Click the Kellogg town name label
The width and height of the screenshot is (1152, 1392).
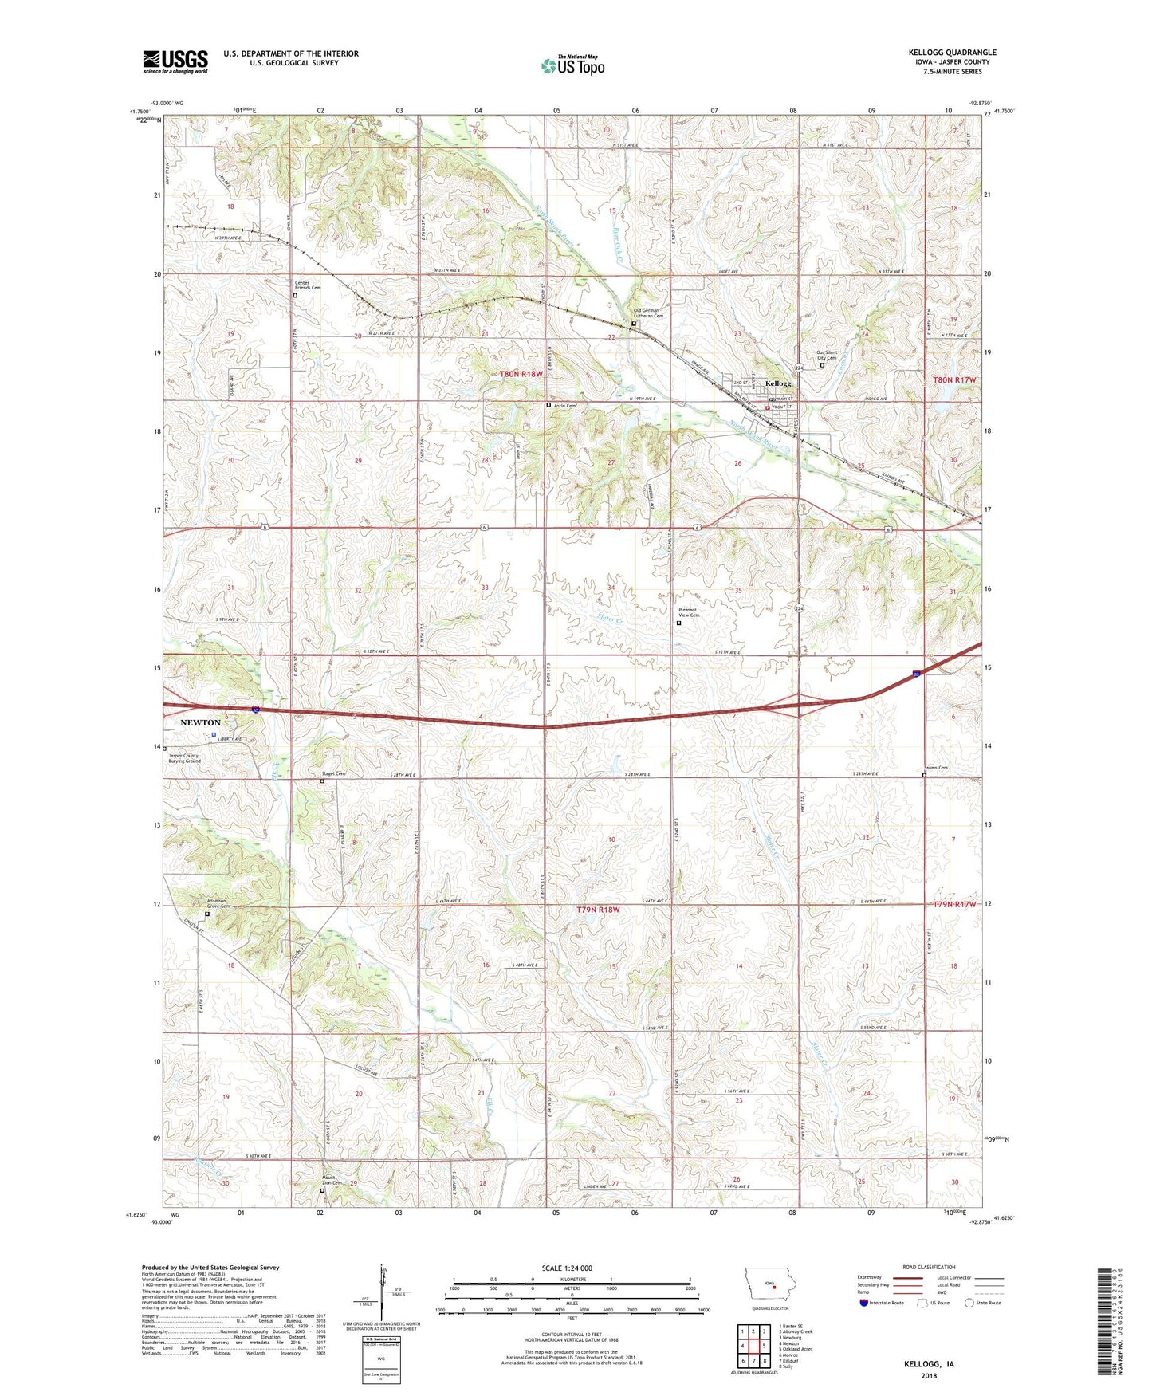pos(778,383)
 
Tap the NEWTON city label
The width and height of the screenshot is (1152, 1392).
pos(200,722)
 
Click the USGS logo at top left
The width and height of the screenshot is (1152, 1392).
pos(175,61)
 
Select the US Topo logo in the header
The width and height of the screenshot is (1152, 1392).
pos(572,65)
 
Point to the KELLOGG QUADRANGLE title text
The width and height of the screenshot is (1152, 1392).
pos(952,53)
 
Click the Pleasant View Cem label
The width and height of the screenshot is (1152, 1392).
pos(689,612)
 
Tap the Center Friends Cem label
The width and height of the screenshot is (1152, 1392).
pos(307,285)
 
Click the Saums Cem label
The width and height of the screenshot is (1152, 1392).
pos(937,769)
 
